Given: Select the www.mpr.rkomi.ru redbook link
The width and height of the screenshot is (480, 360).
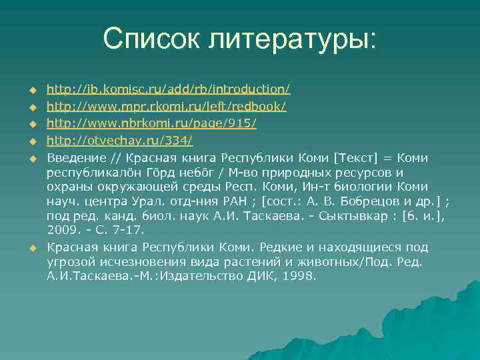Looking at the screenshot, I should click(x=167, y=107).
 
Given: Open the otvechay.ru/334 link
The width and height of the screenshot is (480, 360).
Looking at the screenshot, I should click(x=120, y=141).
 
